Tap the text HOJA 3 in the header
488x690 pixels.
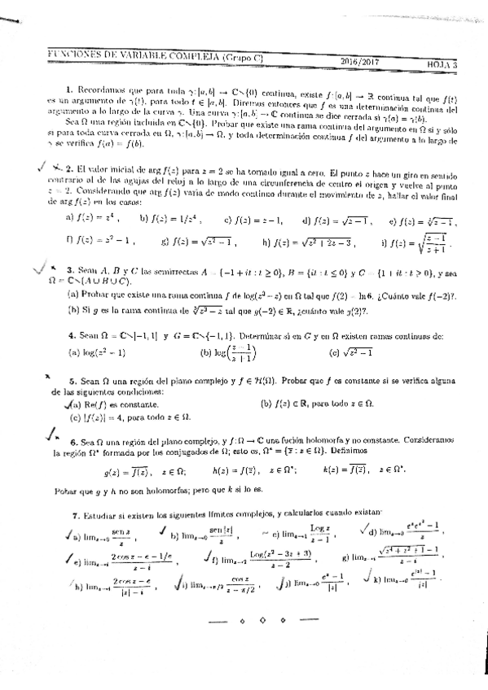click(x=445, y=62)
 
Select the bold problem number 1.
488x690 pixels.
click(x=70, y=88)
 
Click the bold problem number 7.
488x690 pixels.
click(x=75, y=514)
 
